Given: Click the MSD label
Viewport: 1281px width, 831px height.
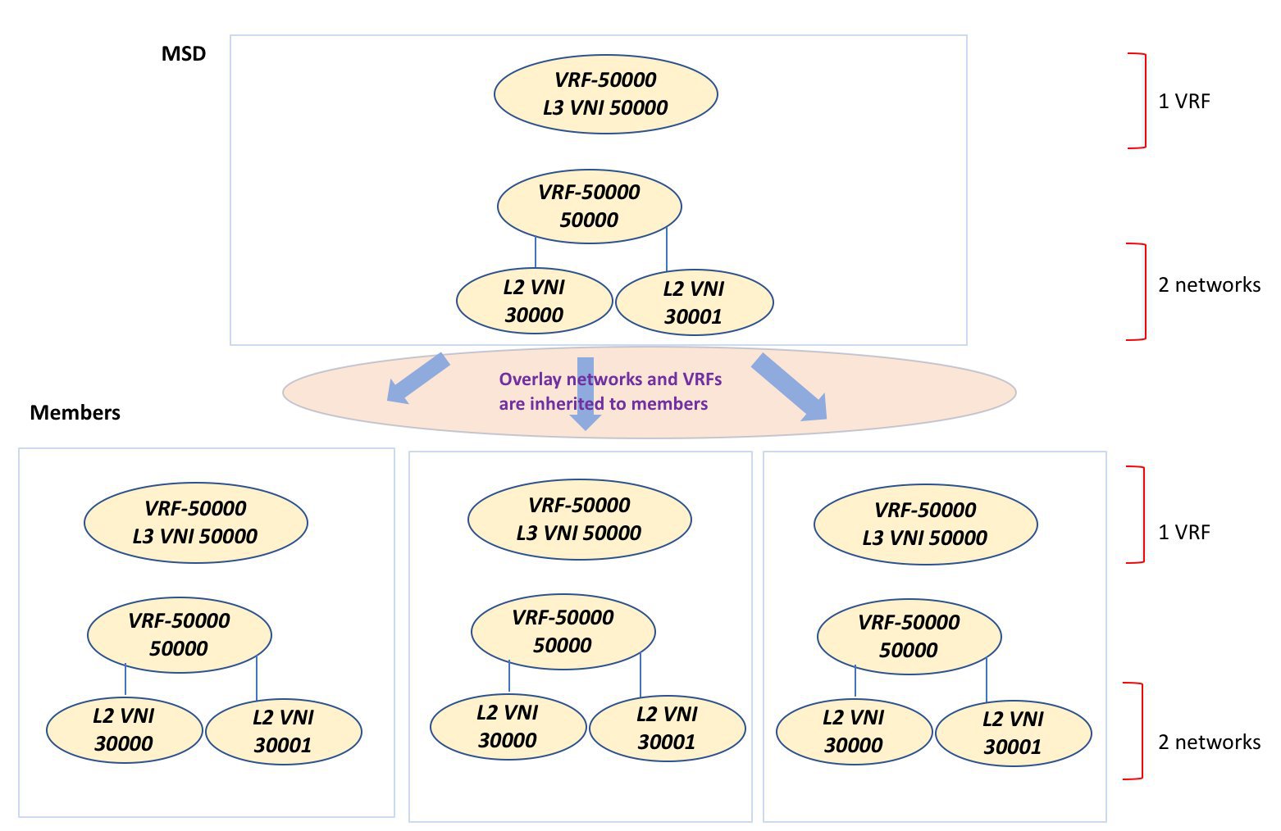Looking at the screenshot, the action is pyautogui.click(x=184, y=54).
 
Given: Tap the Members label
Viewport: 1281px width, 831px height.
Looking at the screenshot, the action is pyautogui.click(x=75, y=413).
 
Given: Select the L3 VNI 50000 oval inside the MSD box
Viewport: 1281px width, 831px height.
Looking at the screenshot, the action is pyautogui.click(x=605, y=94).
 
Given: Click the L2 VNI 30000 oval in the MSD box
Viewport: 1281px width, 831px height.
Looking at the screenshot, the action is pyautogui.click(x=534, y=302).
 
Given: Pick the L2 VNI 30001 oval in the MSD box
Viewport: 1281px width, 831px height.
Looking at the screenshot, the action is pyautogui.click(x=695, y=302).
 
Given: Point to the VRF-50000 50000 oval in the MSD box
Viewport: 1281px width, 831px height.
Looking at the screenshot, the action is pyautogui.click(x=589, y=207).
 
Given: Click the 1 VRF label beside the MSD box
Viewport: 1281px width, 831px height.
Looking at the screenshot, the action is pyautogui.click(x=1183, y=102).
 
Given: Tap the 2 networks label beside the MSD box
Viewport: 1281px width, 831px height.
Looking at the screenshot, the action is pyautogui.click(x=1209, y=284).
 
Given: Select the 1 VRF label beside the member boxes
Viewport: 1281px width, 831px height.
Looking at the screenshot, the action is pyautogui.click(x=1183, y=533).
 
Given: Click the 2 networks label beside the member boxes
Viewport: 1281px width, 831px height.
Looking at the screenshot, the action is pyautogui.click(x=1209, y=742).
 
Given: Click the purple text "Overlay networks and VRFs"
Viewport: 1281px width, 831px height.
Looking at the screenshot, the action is pyautogui.click(x=610, y=379).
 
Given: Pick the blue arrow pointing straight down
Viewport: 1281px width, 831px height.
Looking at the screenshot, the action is pyautogui.click(x=586, y=393).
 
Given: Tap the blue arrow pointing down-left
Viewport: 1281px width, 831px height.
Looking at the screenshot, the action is pyautogui.click(x=417, y=379).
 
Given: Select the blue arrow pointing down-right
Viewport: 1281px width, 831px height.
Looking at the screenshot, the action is pyautogui.click(x=790, y=387).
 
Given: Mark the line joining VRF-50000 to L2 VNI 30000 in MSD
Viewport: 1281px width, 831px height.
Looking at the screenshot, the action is pyautogui.click(x=536, y=252).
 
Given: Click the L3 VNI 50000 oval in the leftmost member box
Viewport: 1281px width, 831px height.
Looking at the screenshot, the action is pyautogui.click(x=195, y=523).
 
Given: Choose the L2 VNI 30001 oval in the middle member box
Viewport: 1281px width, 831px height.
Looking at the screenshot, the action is pyautogui.click(x=668, y=728).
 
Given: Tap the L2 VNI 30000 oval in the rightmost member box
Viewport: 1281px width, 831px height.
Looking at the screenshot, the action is pyautogui.click(x=854, y=732).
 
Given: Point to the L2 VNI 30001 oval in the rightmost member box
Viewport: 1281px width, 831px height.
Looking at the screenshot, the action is pyautogui.click(x=1014, y=733).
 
